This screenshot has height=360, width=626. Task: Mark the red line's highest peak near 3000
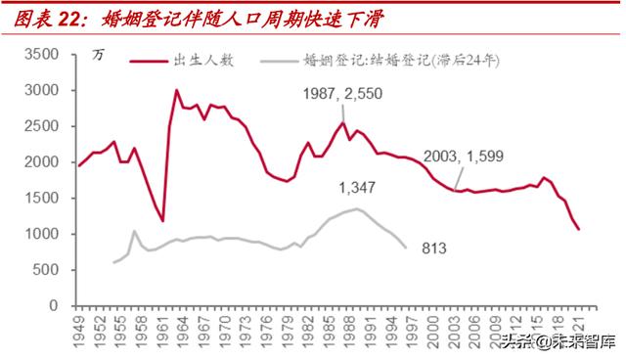click(x=176, y=91)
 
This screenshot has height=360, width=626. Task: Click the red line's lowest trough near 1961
click(x=162, y=221)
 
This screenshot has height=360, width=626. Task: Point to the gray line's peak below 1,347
click(x=358, y=208)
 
